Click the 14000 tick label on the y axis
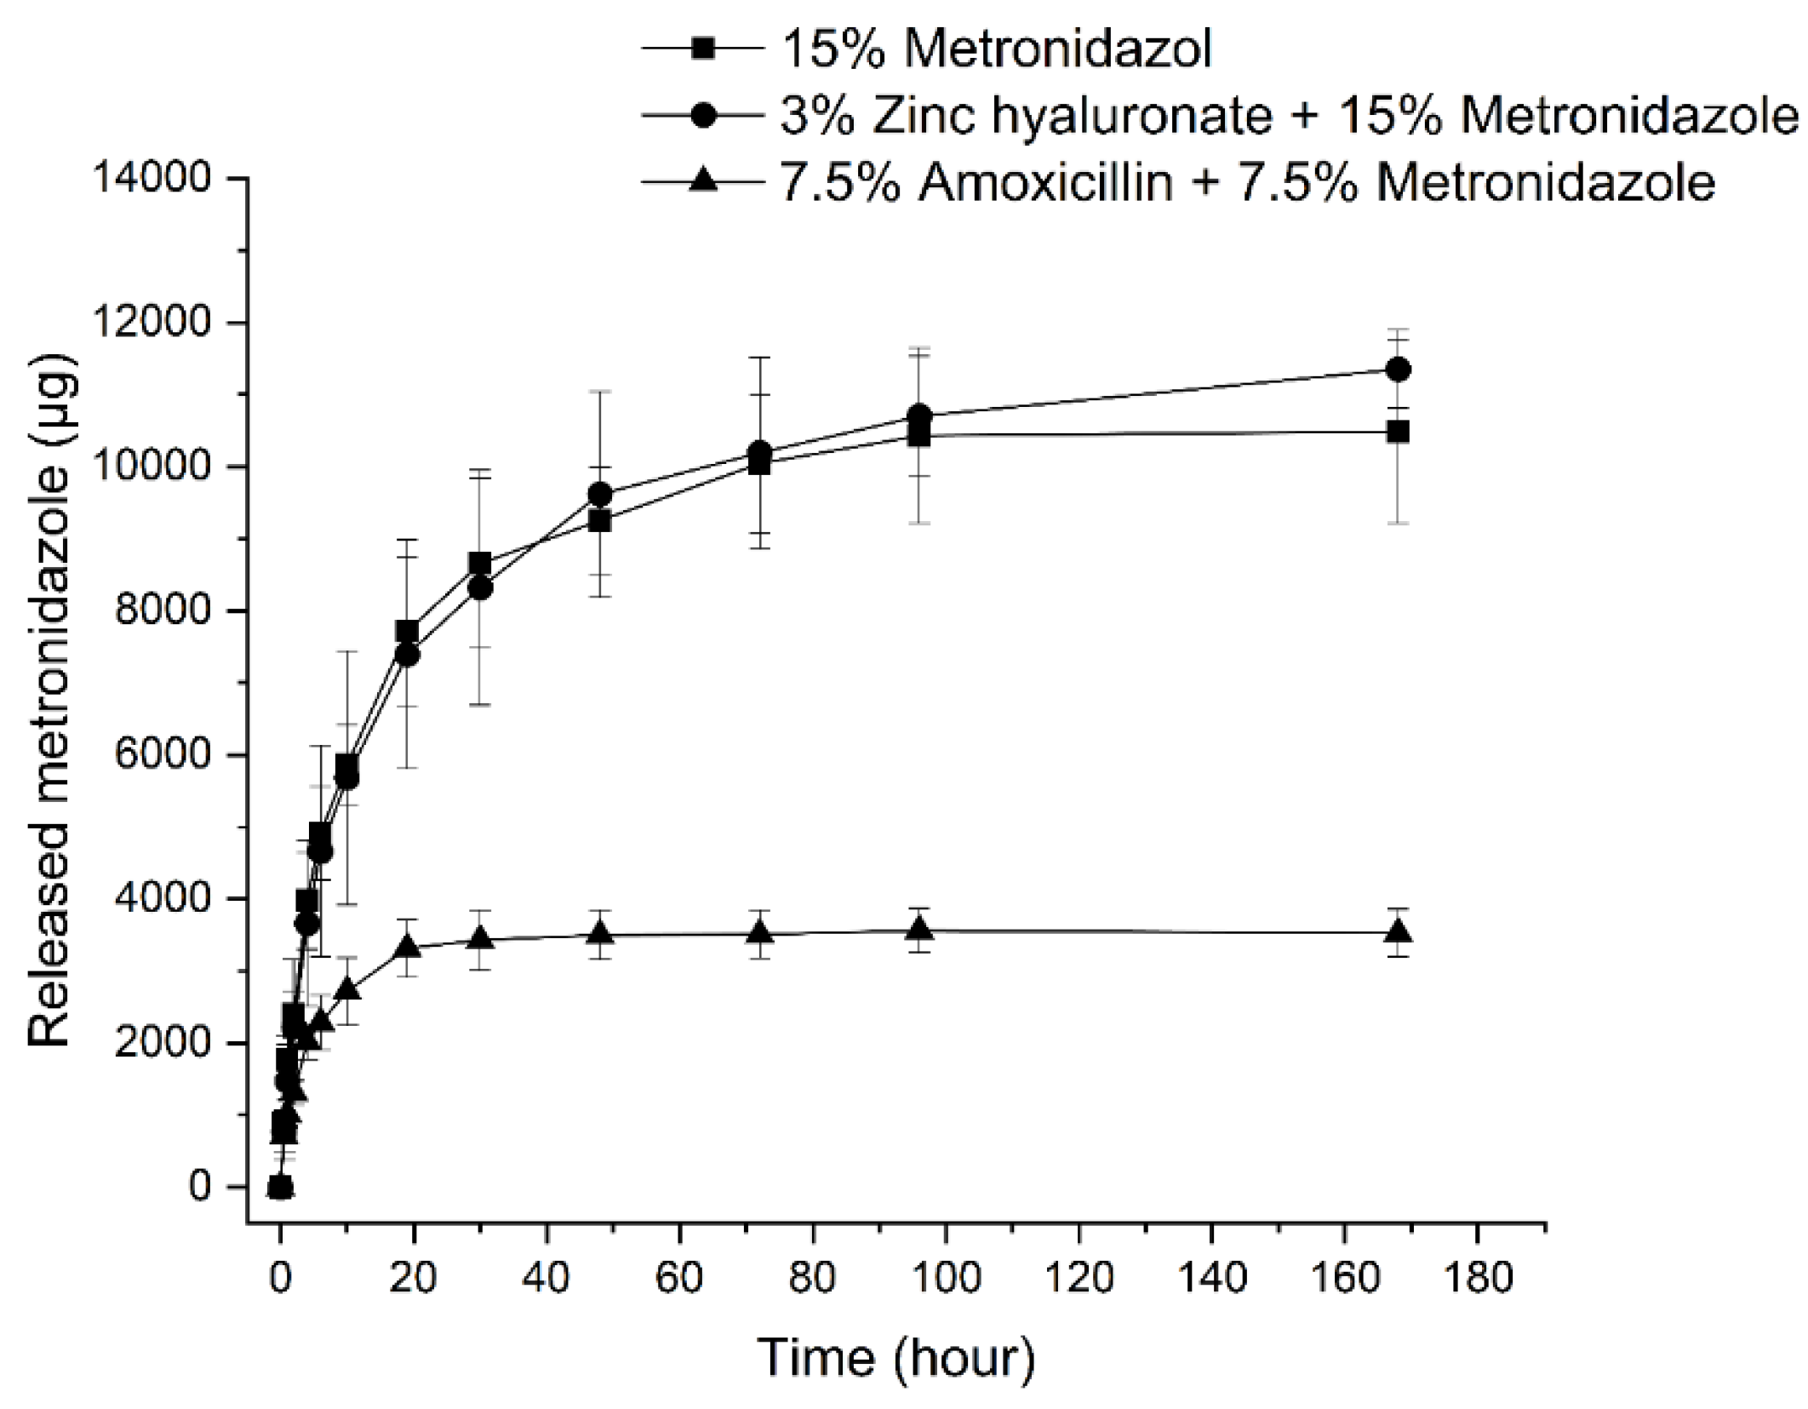[152, 180]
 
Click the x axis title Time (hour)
[897, 1358]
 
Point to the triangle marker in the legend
[703, 180]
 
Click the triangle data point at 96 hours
[918, 930]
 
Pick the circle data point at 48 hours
[600, 495]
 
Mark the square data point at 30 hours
[480, 564]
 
